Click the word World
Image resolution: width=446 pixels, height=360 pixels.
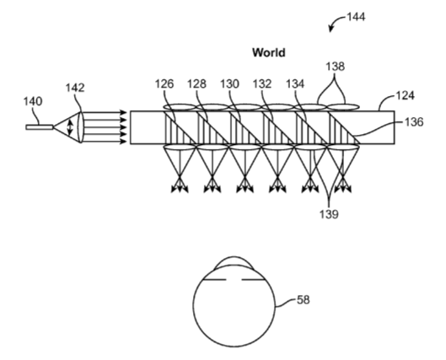pyautogui.click(x=269, y=53)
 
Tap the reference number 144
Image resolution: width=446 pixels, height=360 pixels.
pyautogui.click(x=356, y=17)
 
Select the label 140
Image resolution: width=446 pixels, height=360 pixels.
pyautogui.click(x=33, y=101)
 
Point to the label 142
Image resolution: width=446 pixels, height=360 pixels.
pyautogui.click(x=75, y=88)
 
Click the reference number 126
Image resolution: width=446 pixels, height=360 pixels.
pyautogui.click(x=164, y=83)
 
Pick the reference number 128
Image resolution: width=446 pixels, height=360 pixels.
pyautogui.click(x=196, y=83)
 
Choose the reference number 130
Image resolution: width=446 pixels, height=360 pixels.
pyautogui.click(x=230, y=83)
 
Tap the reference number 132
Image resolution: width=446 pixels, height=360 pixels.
pyautogui.click(x=262, y=83)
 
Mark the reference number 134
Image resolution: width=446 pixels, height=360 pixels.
pyautogui.click(x=295, y=83)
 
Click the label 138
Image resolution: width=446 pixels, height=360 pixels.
pyautogui.click(x=336, y=67)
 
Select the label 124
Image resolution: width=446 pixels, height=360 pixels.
pyautogui.click(x=405, y=96)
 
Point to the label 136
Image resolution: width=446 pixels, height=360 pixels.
pyautogui.click(x=414, y=122)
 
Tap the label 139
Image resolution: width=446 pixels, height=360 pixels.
pyautogui.click(x=329, y=214)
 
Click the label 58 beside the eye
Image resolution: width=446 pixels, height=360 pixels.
pyautogui.click(x=304, y=299)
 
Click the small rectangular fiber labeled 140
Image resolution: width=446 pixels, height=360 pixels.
pyautogui.click(x=40, y=127)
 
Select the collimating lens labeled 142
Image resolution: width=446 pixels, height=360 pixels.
pyautogui.click(x=80, y=127)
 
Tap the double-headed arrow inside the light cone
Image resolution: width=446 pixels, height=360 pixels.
pyautogui.click(x=70, y=127)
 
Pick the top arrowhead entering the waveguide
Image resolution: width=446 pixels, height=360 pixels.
pyautogui.click(x=123, y=113)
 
